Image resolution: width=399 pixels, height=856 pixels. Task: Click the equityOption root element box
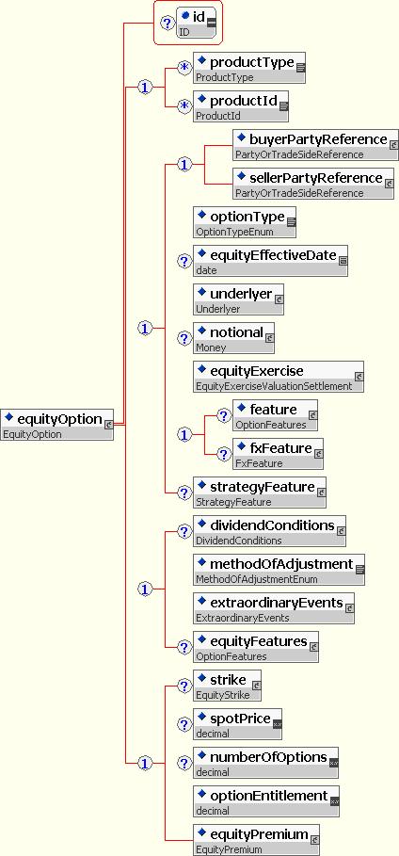pos(56,424)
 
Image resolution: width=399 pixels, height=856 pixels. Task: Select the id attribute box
pos(196,23)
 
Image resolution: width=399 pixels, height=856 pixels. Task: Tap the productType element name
pos(252,62)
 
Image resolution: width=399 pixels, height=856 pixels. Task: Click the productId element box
pos(241,105)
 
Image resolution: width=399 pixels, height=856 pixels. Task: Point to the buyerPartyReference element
pos(315,145)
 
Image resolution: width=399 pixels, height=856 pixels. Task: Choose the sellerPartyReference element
pos(313,184)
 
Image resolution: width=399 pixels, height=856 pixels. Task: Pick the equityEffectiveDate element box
pos(271,261)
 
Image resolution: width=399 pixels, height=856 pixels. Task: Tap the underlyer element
pos(238,299)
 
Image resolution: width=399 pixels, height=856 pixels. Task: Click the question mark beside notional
pos(184,338)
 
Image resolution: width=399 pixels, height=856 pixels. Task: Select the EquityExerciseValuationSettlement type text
pos(274,386)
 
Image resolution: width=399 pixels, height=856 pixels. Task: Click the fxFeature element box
pos(279,454)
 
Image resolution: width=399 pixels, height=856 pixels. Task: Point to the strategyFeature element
pos(260,492)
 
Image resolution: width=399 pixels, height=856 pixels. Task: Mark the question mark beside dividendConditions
pos(184,531)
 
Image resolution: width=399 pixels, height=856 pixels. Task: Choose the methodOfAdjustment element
pos(279,570)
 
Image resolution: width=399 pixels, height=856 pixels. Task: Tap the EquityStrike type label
pos(223,696)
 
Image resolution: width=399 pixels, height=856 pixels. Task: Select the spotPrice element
pos(238,724)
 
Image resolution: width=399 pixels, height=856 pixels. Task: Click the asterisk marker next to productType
pos(184,68)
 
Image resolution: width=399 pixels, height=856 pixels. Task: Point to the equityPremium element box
pos(257,840)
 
